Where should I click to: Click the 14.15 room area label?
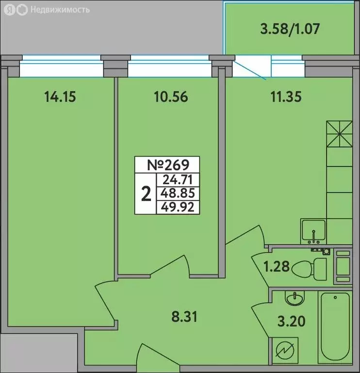60,97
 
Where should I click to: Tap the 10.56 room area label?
169,97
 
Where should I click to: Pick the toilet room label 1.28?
278,267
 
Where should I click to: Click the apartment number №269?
167,165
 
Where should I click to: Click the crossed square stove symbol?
338,133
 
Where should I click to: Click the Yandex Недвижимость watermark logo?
46,9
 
